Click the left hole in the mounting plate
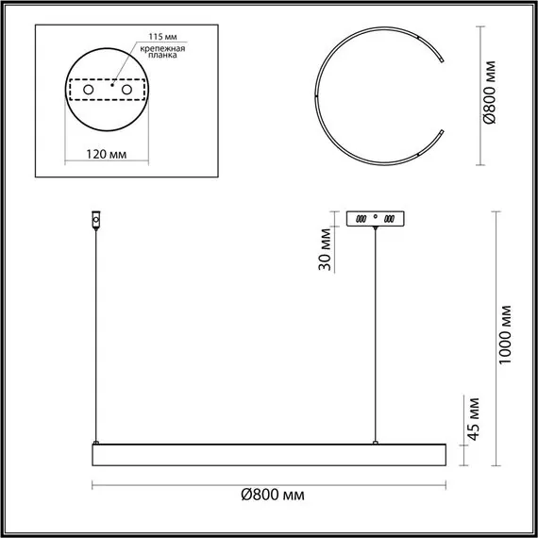coord(89,90)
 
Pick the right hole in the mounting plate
coord(124,90)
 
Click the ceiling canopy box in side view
coord(376,217)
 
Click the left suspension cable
coord(95,330)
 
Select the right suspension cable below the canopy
coord(376,330)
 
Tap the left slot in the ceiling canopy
coord(359,218)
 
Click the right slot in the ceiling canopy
coord(392,218)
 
